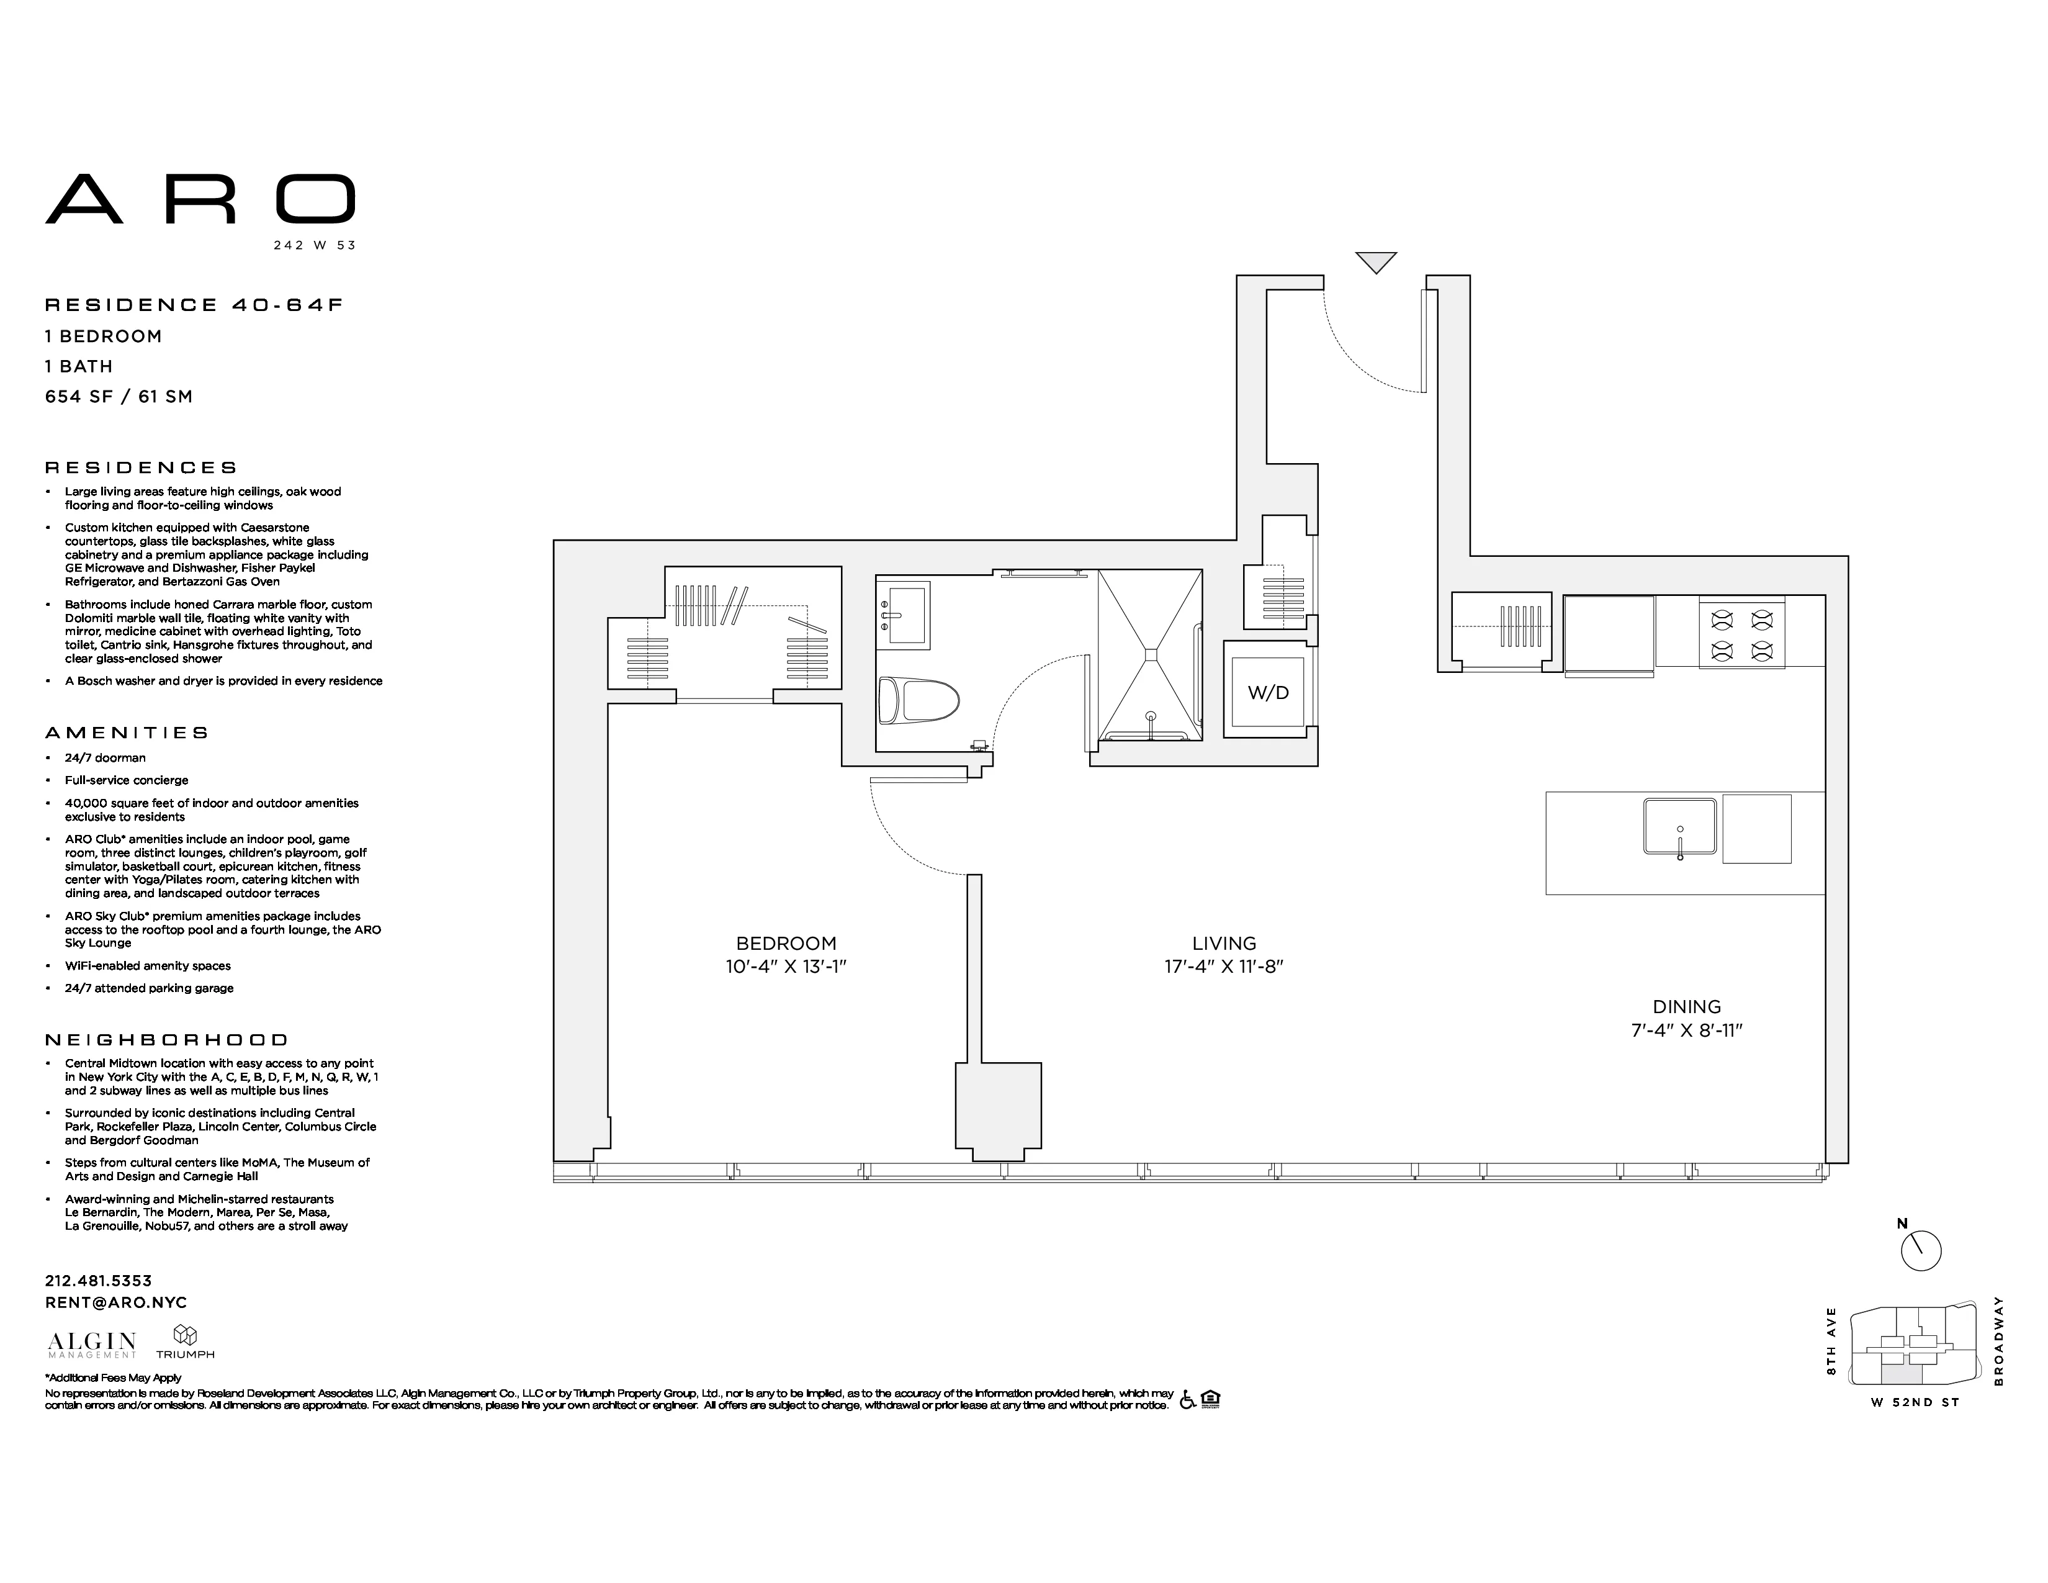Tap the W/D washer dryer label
click(1268, 693)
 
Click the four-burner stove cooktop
click(1741, 634)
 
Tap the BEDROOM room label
click(786, 944)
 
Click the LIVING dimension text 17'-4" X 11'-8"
click(1224, 967)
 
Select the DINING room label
click(1686, 1006)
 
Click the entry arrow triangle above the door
click(1376, 261)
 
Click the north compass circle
click(1921, 1251)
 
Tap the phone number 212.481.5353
click(99, 1280)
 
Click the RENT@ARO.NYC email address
click(116, 1302)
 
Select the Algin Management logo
click(92, 1344)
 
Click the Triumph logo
click(185, 1342)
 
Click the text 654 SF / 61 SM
click(119, 397)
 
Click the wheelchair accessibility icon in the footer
click(1187, 1400)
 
